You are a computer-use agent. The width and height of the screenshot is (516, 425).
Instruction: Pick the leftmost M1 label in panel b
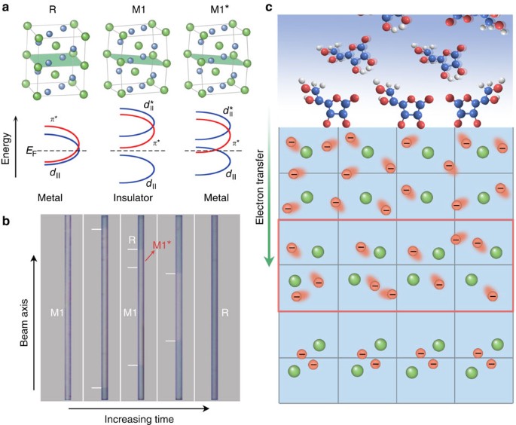click(x=57, y=310)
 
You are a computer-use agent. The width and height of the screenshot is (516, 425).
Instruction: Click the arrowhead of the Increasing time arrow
click(x=206, y=408)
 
